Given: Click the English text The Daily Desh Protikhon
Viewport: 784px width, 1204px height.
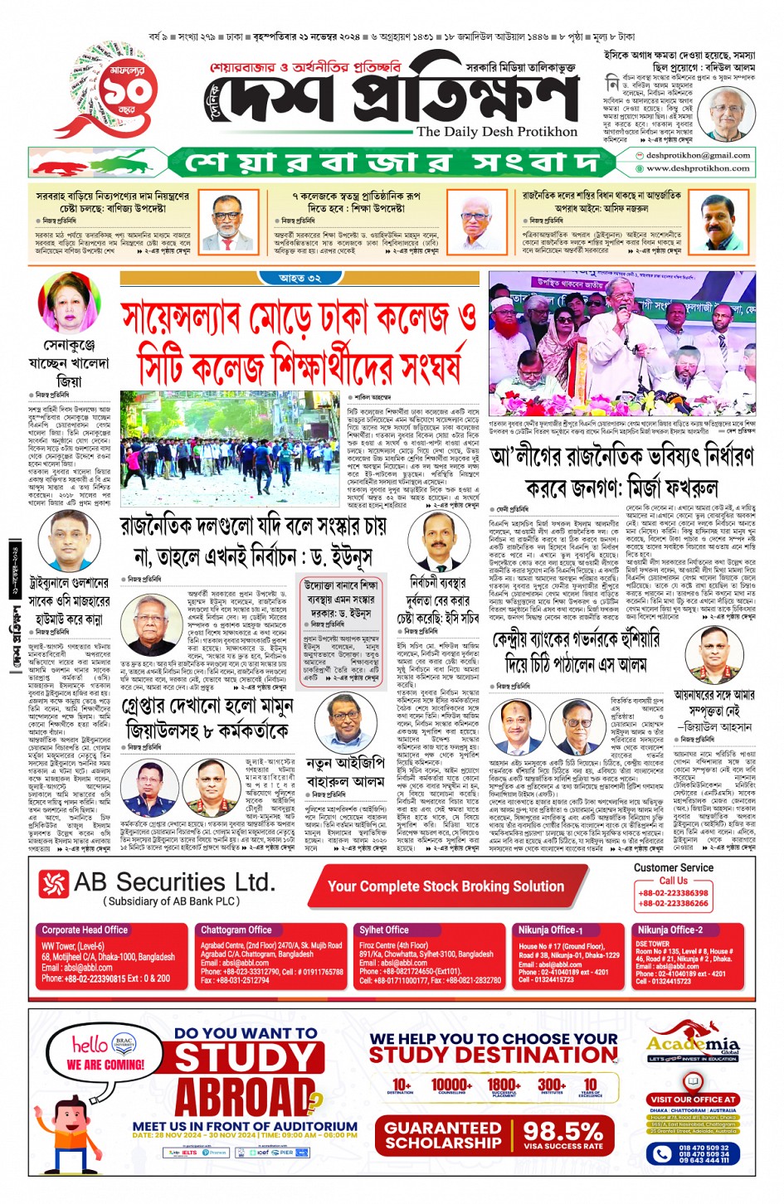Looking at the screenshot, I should (496, 132).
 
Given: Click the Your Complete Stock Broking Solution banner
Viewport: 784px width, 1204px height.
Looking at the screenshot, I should (446, 886).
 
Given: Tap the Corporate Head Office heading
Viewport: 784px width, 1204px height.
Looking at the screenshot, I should (85, 930).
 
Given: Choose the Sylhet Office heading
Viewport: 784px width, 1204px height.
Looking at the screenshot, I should (383, 930).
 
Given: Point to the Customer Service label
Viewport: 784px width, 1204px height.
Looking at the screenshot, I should (673, 867).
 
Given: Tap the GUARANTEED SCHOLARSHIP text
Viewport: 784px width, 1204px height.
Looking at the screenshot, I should (443, 1135).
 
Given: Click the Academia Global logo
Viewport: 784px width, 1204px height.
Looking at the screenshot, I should (693, 1042).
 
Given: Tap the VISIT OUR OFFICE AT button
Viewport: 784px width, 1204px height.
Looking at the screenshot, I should (693, 1100).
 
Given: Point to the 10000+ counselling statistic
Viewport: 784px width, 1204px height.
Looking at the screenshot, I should (451, 1085).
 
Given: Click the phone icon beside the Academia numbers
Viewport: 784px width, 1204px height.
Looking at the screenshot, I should (662, 1153).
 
